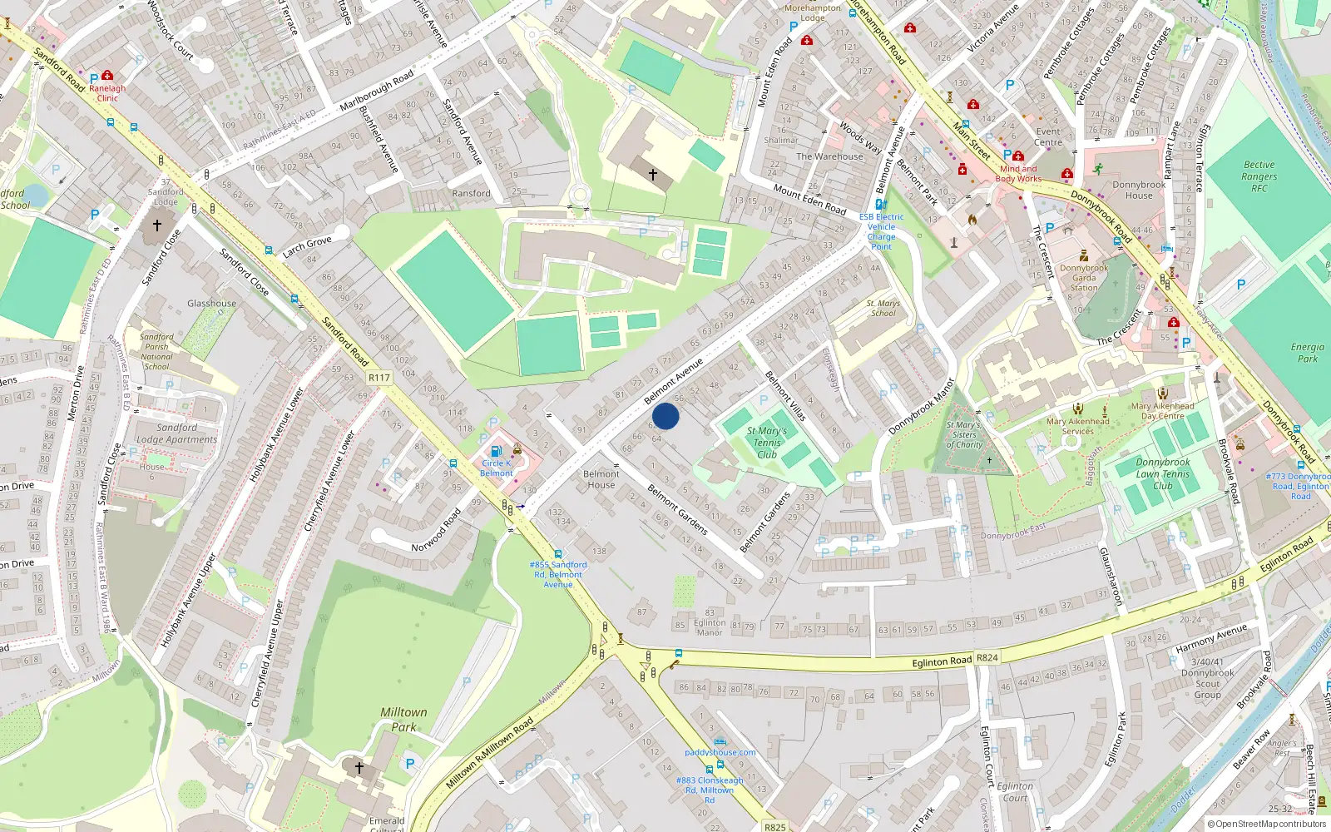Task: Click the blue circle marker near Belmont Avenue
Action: tap(665, 416)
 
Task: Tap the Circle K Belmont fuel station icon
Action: tap(497, 451)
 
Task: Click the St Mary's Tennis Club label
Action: tap(767, 443)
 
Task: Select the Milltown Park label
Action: tap(403, 720)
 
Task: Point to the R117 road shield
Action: tap(379, 378)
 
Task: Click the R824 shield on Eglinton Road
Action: tap(987, 657)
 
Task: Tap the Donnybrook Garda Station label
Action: tap(1084, 278)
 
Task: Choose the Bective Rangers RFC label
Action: tap(1259, 176)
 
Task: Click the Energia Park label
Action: tap(1307, 353)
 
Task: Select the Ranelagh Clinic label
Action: tap(107, 93)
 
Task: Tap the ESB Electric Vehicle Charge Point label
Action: tap(881, 231)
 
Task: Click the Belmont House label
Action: tap(601, 479)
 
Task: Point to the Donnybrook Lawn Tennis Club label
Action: tap(1163, 474)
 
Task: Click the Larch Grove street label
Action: tap(307, 246)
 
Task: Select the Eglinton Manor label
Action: tap(709, 627)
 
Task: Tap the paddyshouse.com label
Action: tap(720, 752)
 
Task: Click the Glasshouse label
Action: tap(211, 304)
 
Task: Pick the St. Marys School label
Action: tap(883, 308)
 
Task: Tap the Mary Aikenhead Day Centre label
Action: tap(1162, 411)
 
